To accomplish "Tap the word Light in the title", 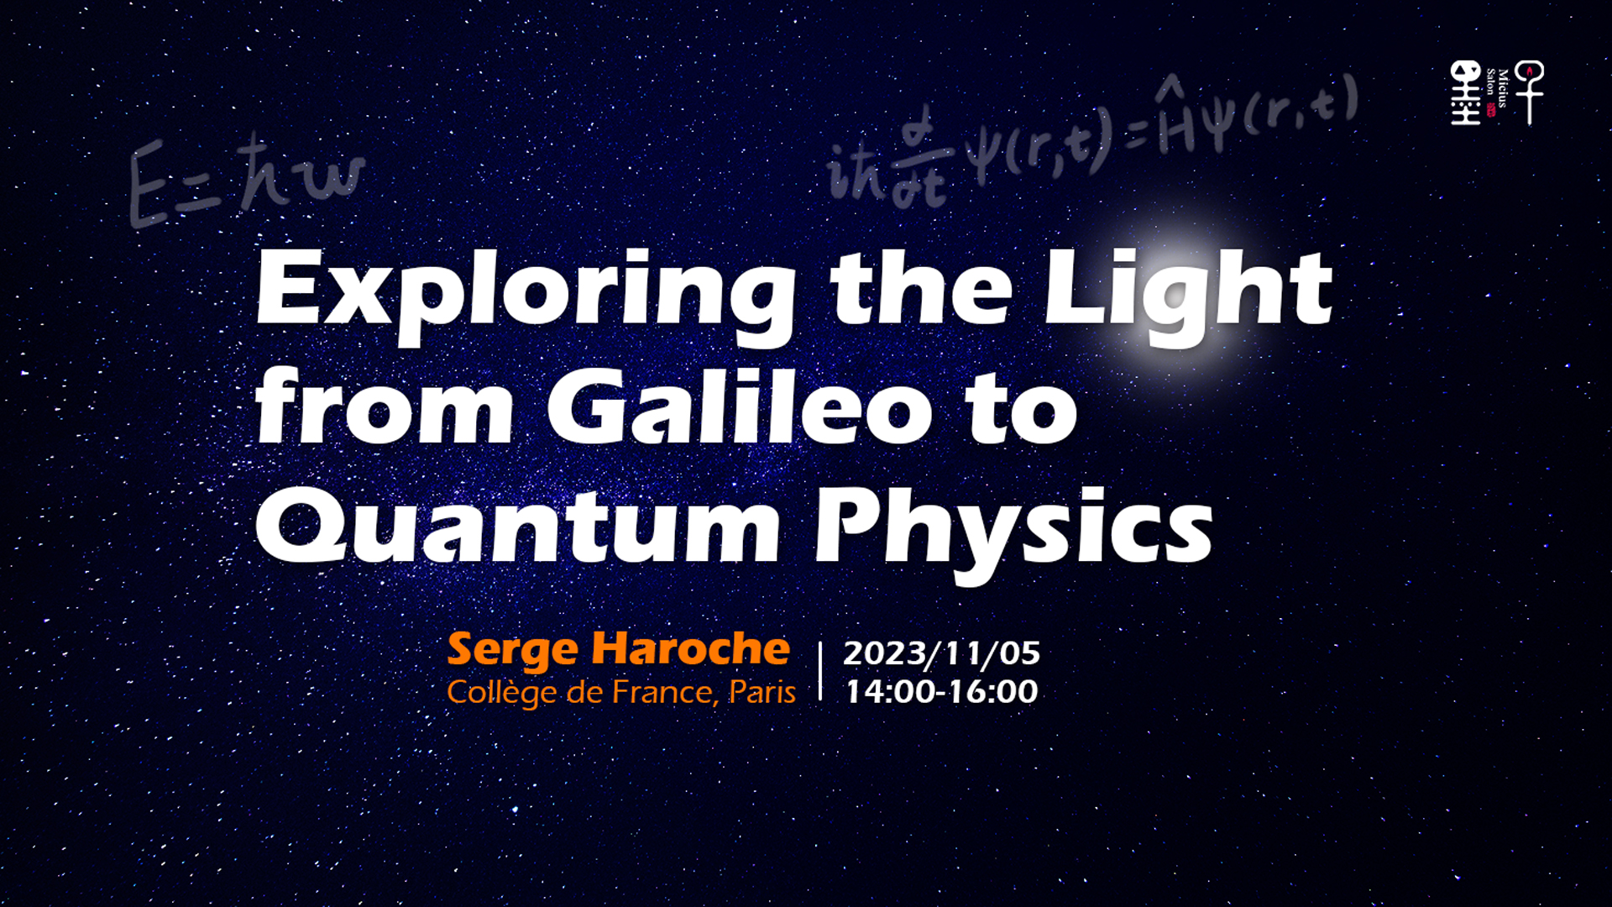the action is click(1188, 294).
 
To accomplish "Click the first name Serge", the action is click(513, 650).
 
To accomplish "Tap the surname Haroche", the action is click(691, 648).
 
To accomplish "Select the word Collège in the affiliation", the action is click(502, 693).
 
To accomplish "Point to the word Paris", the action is click(762, 693).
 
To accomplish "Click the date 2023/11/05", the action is click(941, 653).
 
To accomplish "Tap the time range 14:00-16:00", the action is click(941, 692).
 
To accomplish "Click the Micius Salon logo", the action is click(1497, 92).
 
